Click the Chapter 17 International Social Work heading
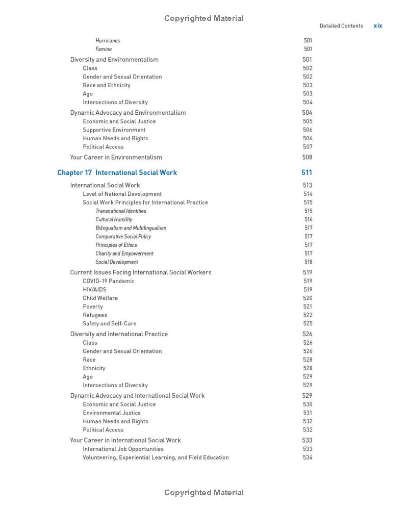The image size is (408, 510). (x=117, y=172)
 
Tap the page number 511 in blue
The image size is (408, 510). (x=307, y=172)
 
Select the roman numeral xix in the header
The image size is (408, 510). (x=378, y=25)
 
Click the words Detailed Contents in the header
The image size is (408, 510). (x=341, y=25)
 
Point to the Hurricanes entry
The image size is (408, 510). (x=108, y=41)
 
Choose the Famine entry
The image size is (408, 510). (x=104, y=49)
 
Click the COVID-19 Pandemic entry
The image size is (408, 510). (x=109, y=281)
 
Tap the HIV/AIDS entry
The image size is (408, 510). (x=94, y=290)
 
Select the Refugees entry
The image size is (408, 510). (x=95, y=315)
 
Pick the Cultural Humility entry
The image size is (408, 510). (x=114, y=220)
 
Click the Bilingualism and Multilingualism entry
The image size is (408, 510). (x=131, y=228)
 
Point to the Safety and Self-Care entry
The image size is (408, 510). (x=110, y=324)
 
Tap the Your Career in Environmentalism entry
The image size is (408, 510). (x=116, y=157)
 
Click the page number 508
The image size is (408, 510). (x=307, y=157)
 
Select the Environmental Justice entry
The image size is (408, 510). (x=112, y=413)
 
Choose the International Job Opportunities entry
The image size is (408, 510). (x=123, y=449)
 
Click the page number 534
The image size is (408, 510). (x=308, y=457)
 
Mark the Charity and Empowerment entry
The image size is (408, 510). (x=124, y=253)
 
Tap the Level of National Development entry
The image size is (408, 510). (x=122, y=194)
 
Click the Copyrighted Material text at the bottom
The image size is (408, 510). (x=204, y=493)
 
